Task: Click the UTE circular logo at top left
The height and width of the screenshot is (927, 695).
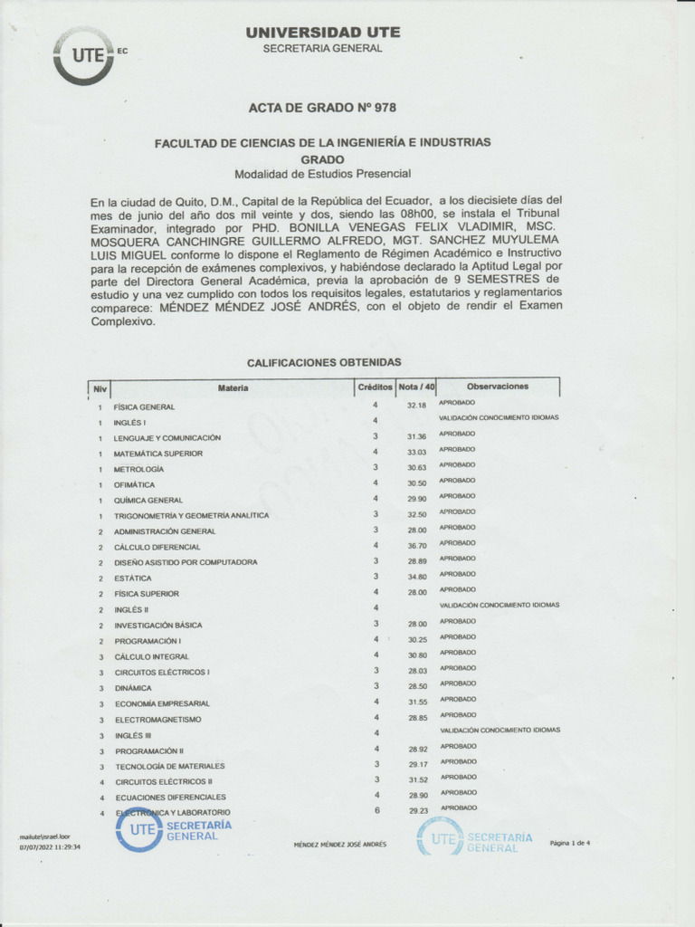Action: (83, 55)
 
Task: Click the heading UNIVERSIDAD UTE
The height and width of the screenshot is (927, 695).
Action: (322, 33)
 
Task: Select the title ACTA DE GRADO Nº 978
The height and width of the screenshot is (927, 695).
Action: (322, 108)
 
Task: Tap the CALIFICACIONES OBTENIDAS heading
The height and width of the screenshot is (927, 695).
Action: (324, 361)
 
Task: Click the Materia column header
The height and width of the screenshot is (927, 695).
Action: (233, 387)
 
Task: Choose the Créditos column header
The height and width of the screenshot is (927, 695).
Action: (375, 387)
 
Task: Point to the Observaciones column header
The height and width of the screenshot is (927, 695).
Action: (498, 386)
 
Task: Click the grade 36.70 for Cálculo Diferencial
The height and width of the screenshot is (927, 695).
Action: (416, 547)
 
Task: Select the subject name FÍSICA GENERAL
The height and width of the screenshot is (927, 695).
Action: (144, 407)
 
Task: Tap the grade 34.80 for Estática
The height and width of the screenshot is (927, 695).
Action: (416, 578)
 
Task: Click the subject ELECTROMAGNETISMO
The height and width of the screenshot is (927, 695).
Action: (158, 719)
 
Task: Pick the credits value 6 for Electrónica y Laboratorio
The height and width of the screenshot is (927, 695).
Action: (376, 811)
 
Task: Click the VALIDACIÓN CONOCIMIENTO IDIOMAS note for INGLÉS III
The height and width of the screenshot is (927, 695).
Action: (500, 730)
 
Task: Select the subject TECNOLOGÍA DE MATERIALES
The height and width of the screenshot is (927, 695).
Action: (170, 766)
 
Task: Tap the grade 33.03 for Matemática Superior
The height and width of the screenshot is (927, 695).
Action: (416, 453)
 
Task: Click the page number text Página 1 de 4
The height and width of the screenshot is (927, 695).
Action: (569, 843)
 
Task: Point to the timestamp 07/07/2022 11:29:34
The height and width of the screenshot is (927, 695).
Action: (51, 847)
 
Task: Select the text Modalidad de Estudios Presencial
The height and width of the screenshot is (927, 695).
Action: (322, 174)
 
